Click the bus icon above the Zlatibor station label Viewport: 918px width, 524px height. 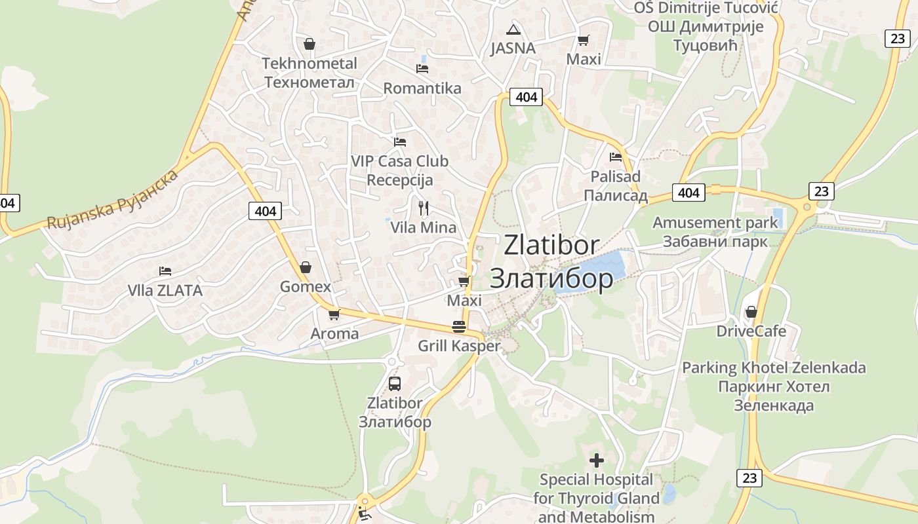394,384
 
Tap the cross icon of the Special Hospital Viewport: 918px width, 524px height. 596,460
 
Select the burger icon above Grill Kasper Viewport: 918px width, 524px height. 459,327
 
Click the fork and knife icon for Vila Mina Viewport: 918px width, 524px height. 424,208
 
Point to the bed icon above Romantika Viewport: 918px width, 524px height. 422,68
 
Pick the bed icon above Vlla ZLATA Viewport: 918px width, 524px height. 165,271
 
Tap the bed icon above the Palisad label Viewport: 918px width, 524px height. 615,157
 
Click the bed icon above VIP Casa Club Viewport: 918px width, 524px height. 399,142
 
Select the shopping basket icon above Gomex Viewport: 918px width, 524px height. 305,267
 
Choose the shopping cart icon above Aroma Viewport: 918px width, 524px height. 334,314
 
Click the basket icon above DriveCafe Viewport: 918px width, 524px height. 751,312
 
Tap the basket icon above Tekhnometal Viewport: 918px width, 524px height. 309,44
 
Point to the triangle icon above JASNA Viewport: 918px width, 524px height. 513,29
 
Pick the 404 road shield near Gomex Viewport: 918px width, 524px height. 265,211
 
